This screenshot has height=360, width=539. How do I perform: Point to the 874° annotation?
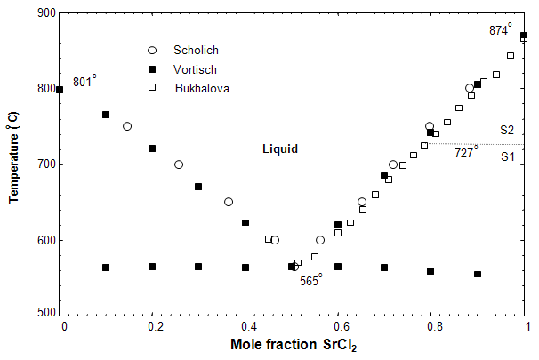[501, 29]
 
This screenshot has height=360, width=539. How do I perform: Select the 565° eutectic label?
[310, 278]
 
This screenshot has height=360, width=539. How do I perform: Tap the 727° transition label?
[466, 152]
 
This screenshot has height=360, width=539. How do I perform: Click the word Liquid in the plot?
[279, 149]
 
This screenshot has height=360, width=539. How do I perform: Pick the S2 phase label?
[507, 130]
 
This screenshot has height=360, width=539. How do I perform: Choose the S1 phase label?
[507, 157]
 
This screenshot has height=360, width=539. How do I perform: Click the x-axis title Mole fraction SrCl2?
[294, 344]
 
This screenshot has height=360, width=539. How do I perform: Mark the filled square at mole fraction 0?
[60, 90]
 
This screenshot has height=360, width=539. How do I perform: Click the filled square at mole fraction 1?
[524, 36]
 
